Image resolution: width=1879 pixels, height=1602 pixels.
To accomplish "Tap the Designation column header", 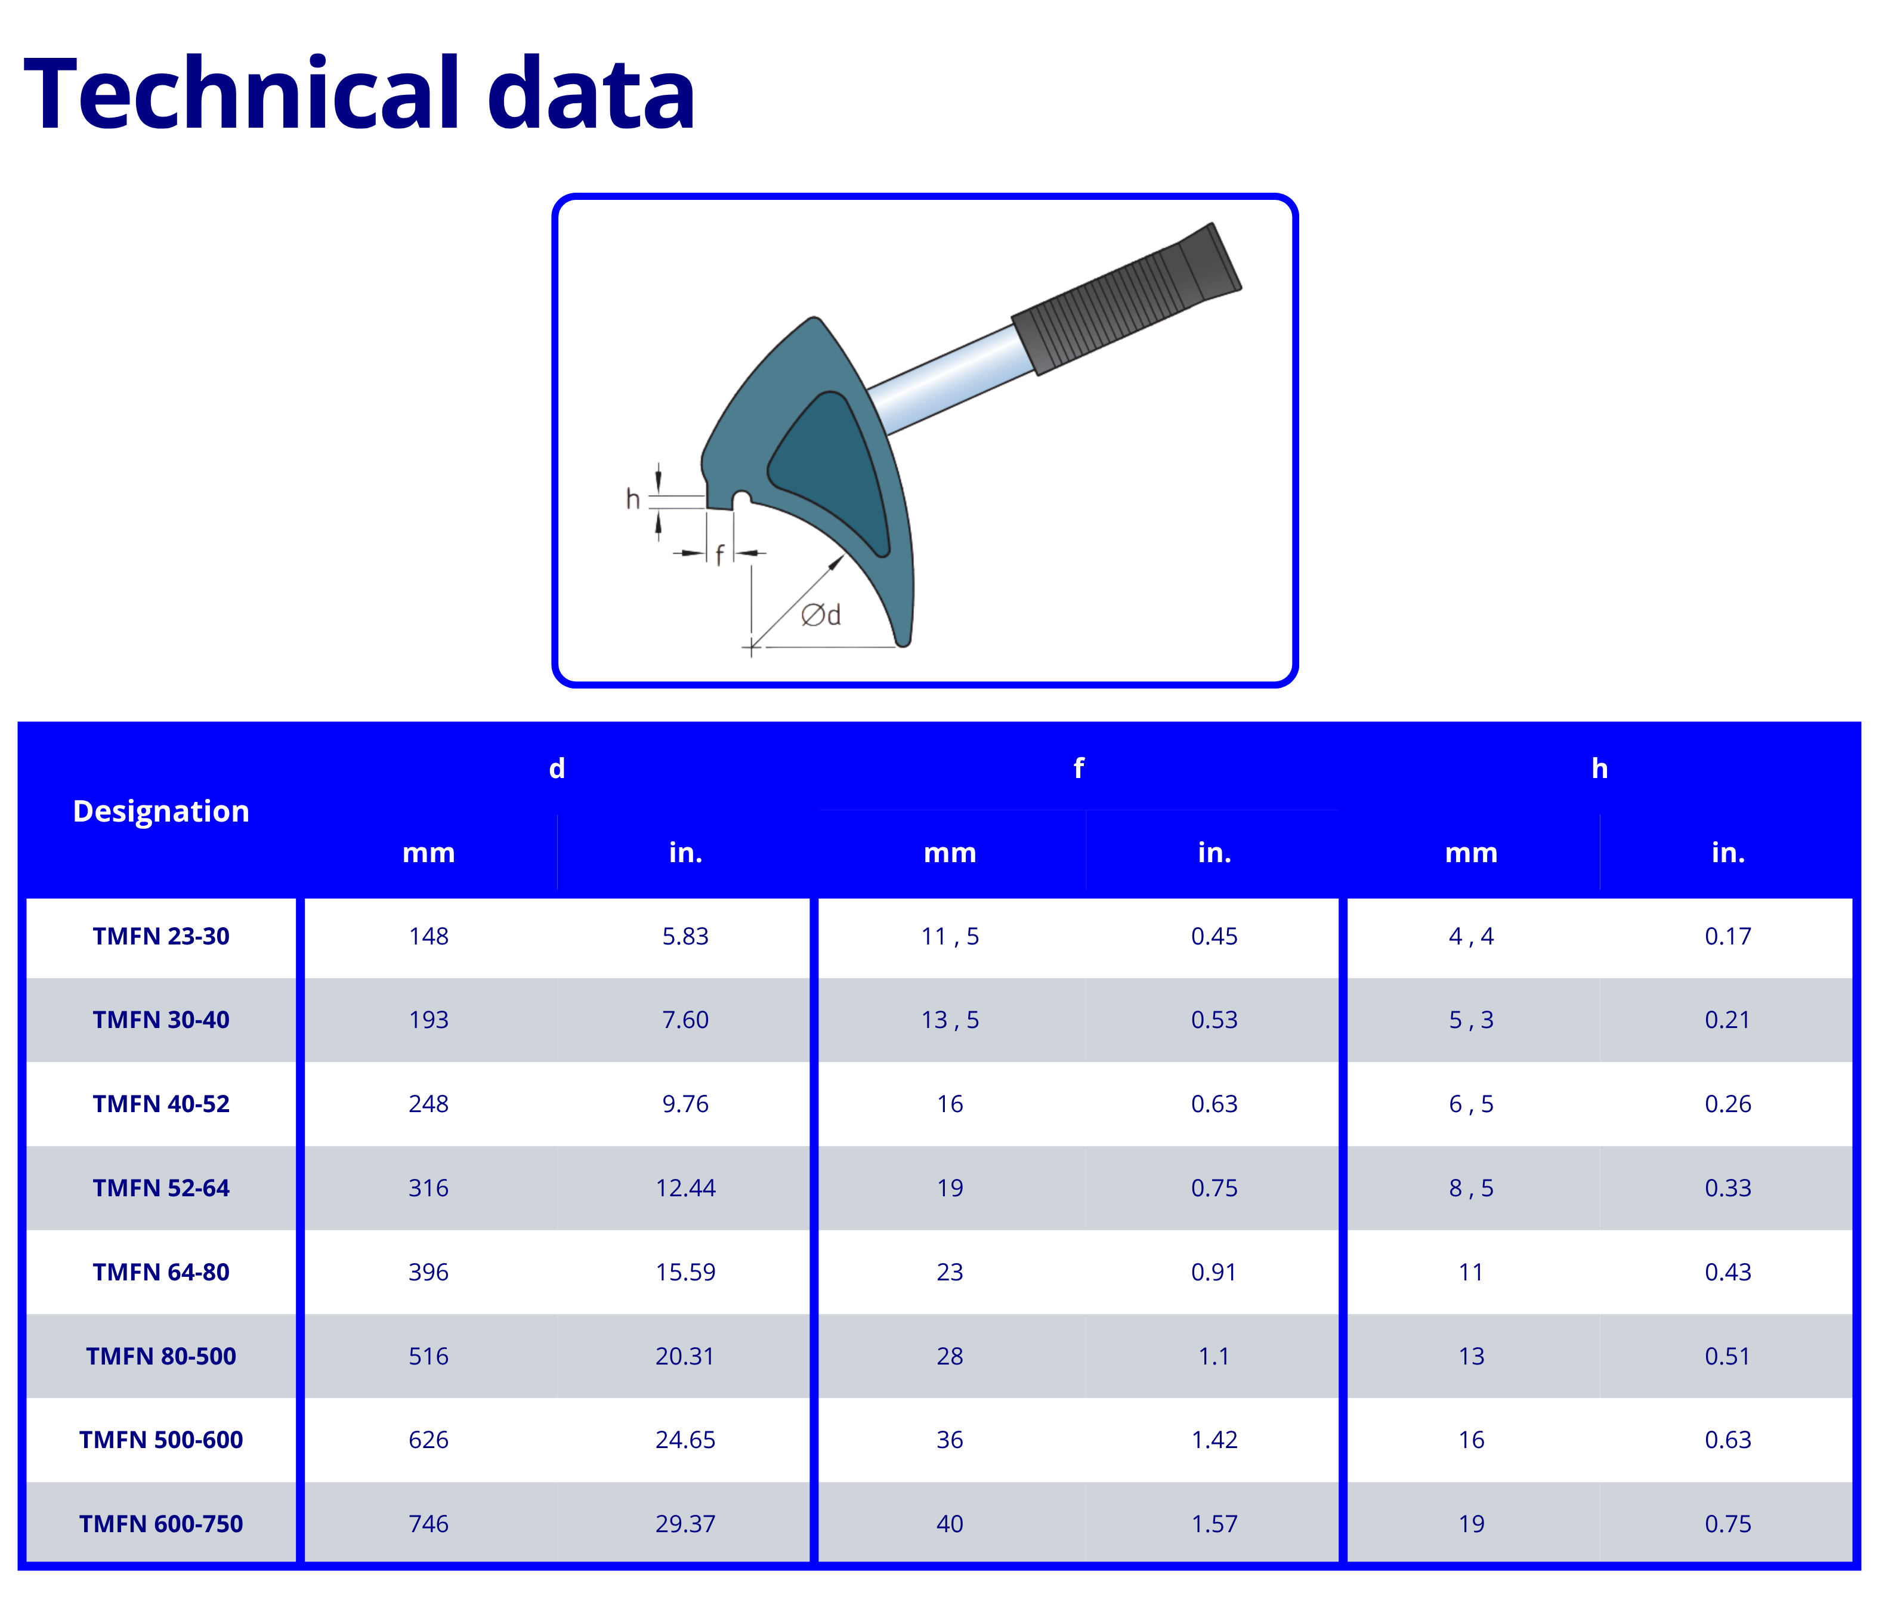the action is click(160, 810).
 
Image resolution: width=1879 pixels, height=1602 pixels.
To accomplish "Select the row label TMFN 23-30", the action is click(160, 936).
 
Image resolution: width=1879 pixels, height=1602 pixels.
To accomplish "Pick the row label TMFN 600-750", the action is click(160, 1523).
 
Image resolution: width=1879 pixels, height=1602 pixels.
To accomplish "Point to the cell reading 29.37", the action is click(685, 1523).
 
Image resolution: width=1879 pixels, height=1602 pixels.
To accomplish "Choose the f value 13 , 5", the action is click(950, 1020).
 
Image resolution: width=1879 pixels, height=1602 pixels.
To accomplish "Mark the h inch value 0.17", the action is click(1727, 936).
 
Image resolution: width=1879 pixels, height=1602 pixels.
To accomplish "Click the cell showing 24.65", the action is click(685, 1440).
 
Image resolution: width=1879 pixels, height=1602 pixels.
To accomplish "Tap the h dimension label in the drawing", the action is click(633, 498).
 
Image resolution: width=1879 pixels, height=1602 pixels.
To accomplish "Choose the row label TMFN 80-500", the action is click(160, 1356).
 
